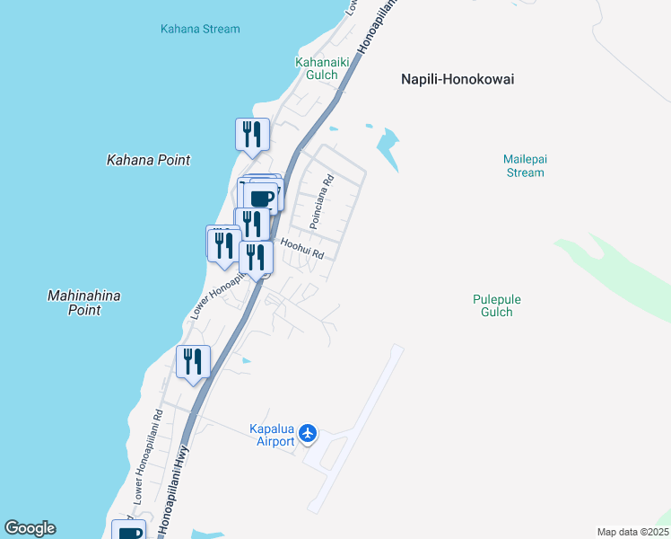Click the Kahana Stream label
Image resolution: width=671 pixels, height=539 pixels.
[200, 29]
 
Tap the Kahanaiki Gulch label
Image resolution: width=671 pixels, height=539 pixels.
[318, 68]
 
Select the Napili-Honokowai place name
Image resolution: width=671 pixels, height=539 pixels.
[457, 79]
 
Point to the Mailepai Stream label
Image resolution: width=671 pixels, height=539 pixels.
[525, 165]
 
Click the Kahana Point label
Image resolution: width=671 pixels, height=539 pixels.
[148, 160]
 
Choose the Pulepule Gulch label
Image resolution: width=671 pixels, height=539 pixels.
[496, 305]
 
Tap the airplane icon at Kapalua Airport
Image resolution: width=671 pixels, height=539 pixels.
[309, 434]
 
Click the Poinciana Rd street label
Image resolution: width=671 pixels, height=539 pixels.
[321, 200]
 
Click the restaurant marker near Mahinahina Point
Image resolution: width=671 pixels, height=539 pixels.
[194, 361]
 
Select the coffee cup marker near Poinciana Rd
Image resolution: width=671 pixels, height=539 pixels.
[263, 196]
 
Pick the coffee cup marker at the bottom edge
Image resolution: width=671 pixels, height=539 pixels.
[128, 531]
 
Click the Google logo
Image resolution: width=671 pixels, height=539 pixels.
[30, 528]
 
